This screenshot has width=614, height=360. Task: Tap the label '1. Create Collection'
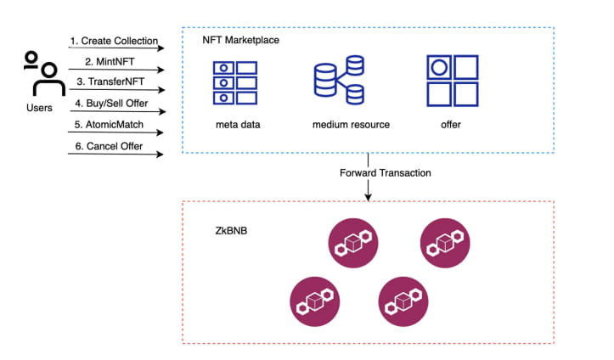pyautogui.click(x=115, y=41)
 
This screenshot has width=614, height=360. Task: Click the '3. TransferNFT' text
pyautogui.click(x=111, y=82)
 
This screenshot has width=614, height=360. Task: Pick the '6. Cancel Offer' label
pyautogui.click(x=110, y=146)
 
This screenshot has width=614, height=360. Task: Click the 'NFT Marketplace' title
pyautogui.click(x=240, y=40)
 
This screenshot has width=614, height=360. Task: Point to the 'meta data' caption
pyautogui.click(x=237, y=126)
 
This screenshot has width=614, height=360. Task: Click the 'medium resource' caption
pyautogui.click(x=351, y=126)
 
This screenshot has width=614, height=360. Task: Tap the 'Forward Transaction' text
pyautogui.click(x=386, y=172)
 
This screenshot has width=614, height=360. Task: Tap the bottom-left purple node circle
pyautogui.click(x=314, y=301)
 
